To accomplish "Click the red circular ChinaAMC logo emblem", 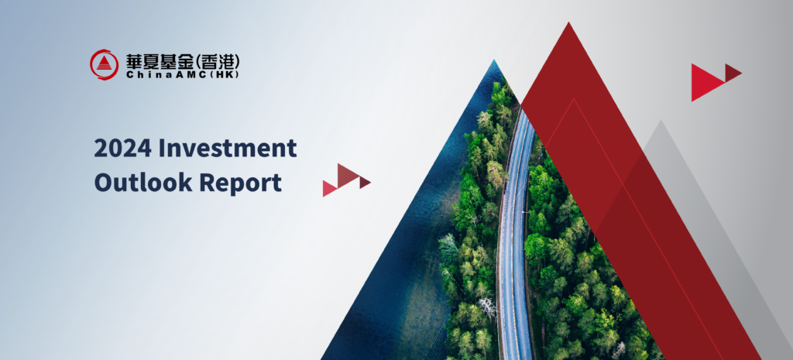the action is click(105, 64).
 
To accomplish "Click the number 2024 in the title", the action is click(122, 148).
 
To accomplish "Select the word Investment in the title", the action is click(228, 148).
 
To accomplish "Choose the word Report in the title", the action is click(240, 183).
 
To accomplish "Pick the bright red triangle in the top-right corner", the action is click(707, 82).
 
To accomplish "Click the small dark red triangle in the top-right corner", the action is click(732, 73).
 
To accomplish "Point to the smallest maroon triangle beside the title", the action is click(364, 183).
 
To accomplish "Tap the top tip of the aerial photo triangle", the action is click(494, 60).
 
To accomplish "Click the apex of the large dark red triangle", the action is click(569, 22).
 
